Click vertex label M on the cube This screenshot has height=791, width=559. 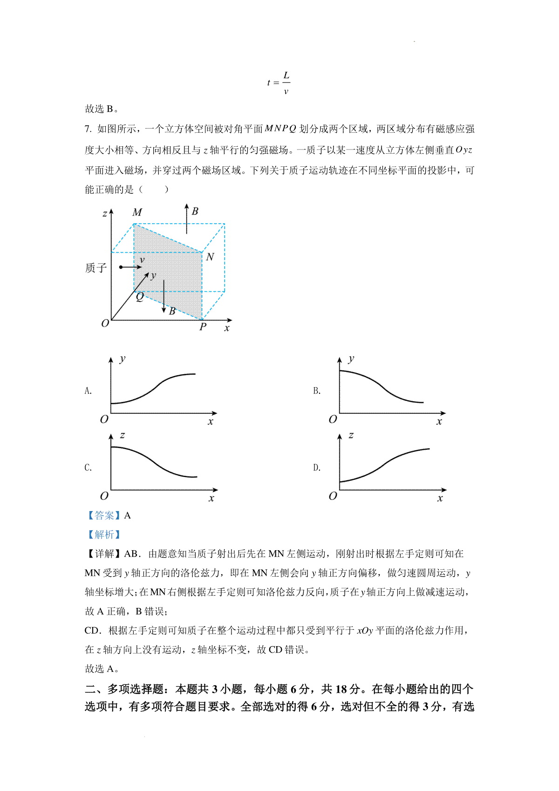click(x=137, y=213)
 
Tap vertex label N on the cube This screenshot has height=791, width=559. click(x=210, y=257)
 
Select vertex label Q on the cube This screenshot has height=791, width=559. click(x=140, y=297)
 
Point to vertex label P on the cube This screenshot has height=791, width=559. click(x=203, y=327)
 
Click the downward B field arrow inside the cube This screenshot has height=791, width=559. click(x=164, y=296)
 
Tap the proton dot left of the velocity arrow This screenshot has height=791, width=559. click(x=121, y=267)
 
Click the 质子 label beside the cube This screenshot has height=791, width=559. click(x=96, y=268)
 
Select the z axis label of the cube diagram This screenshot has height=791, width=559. click(x=105, y=214)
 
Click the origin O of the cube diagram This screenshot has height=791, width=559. click(x=105, y=323)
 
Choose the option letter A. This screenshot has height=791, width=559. click(x=88, y=391)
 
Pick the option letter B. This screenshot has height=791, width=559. click(x=317, y=391)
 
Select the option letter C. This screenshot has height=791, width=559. click(x=88, y=468)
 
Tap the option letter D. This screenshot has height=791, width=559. click(x=317, y=468)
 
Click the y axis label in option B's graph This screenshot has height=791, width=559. click(x=351, y=359)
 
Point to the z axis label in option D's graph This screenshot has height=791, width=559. click(x=351, y=436)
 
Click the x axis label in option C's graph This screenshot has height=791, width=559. click(x=211, y=498)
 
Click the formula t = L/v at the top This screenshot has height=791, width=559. click(x=279, y=83)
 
